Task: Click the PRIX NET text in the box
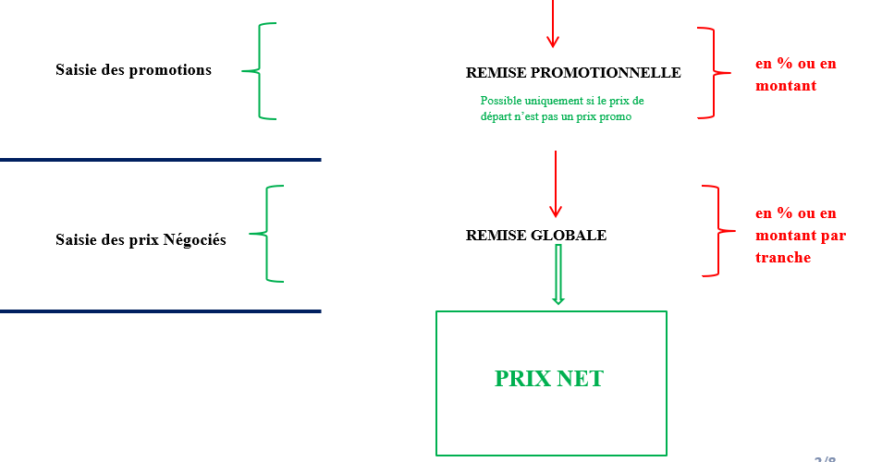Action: pos(548,378)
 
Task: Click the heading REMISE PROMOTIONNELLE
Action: pos(573,73)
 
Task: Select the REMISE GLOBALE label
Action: pos(536,236)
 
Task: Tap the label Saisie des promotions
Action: pos(133,70)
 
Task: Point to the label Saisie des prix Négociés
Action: pos(141,240)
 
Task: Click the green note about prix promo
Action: pos(562,108)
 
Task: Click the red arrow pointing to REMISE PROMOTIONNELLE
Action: pos(553,23)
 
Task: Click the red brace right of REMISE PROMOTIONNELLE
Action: pos(713,72)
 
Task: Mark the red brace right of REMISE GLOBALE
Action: pos(717,230)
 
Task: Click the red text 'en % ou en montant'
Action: pos(795,75)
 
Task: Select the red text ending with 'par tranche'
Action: pos(800,236)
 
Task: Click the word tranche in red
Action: pos(783,258)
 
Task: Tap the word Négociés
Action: pos(194,240)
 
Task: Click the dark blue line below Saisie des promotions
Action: pos(160,160)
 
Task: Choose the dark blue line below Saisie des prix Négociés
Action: pos(160,311)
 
